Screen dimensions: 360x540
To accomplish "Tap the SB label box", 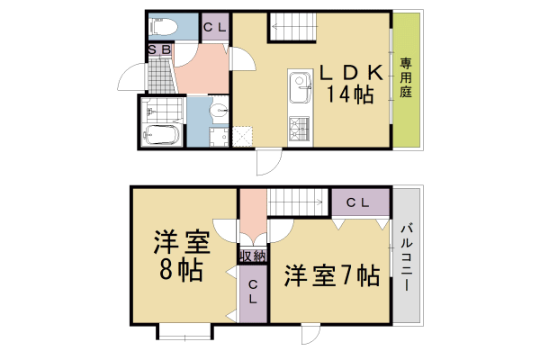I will click(x=159, y=49).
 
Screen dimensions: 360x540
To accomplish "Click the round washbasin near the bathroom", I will click(x=220, y=112).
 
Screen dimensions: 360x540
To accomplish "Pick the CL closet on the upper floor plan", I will click(x=214, y=27).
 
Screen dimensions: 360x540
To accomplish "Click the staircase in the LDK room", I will click(x=295, y=27).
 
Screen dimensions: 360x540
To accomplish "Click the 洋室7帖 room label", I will click(x=332, y=275).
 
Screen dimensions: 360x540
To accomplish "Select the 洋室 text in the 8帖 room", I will click(x=181, y=242).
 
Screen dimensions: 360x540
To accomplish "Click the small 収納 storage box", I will click(x=253, y=256).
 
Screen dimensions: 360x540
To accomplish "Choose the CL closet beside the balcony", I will click(x=360, y=202).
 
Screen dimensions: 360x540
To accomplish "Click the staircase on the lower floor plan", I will click(x=295, y=202).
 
